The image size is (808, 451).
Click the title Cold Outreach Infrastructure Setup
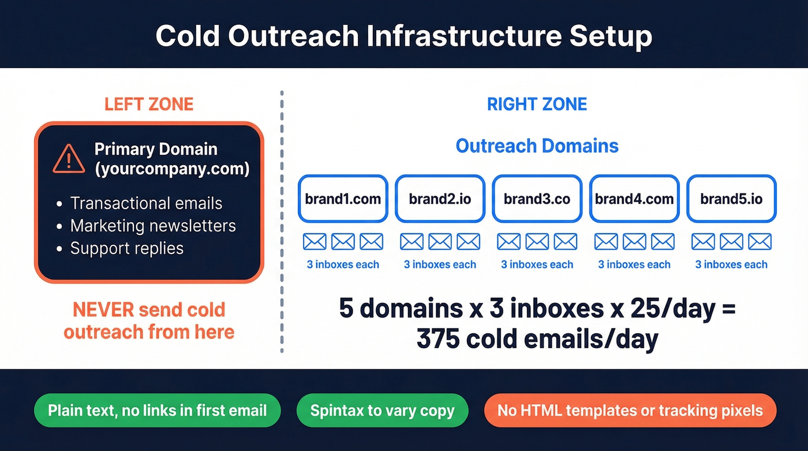click(403, 36)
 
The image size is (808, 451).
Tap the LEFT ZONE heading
click(149, 104)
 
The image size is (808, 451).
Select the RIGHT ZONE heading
click(537, 104)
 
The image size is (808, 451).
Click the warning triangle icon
click(69, 159)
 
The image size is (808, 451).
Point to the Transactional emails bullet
click(146, 203)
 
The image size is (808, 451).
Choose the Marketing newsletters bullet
click(153, 226)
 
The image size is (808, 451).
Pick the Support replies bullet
click(126, 248)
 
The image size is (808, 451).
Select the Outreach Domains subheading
click(537, 146)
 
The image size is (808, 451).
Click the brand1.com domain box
click(343, 199)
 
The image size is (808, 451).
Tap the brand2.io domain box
click(440, 199)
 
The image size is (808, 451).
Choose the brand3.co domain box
click(537, 199)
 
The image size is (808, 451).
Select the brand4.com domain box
click(634, 199)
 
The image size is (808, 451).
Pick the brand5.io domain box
click(731, 199)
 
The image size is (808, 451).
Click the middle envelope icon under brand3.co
click(537, 241)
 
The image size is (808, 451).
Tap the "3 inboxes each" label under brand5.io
click(731, 265)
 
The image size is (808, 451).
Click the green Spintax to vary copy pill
click(382, 411)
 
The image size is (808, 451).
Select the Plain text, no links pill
click(157, 411)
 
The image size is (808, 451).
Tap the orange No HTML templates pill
click(630, 411)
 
